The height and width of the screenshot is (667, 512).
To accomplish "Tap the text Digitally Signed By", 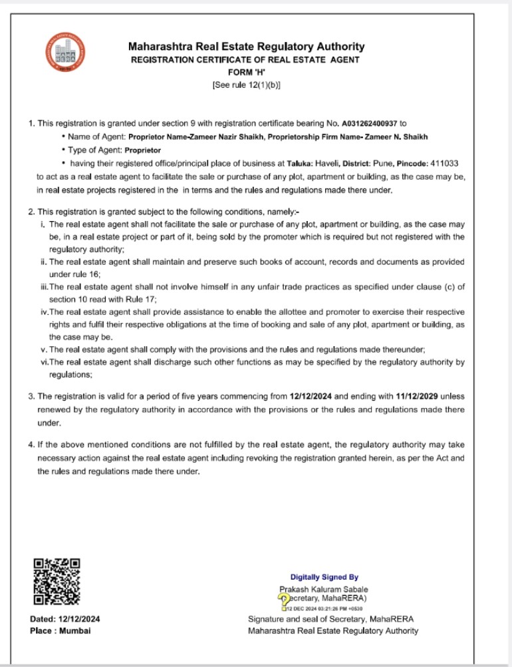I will click(x=324, y=577).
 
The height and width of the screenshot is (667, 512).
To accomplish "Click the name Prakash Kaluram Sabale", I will click(x=324, y=589).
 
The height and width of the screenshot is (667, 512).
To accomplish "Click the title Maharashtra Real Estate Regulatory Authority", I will click(x=246, y=47).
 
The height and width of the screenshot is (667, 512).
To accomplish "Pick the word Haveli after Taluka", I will click(x=324, y=163).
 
